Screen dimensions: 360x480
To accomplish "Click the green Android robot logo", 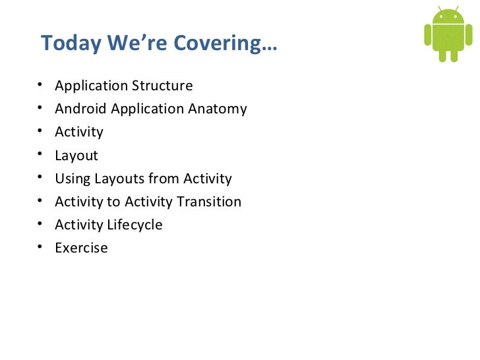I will pyautogui.click(x=448, y=34).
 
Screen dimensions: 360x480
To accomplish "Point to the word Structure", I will pyautogui.click(x=163, y=86).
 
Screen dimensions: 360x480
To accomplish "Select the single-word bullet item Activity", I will pyautogui.click(x=79, y=132).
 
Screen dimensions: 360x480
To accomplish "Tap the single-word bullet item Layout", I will pyautogui.click(x=76, y=156).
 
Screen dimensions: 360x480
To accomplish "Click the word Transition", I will pyautogui.click(x=208, y=202).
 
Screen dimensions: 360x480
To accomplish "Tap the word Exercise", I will pyautogui.click(x=81, y=248).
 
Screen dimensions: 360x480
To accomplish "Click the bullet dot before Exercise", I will pyautogui.click(x=41, y=247).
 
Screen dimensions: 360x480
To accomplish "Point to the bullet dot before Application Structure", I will pyautogui.click(x=41, y=85).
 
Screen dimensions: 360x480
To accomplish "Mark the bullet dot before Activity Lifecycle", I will pyautogui.click(x=41, y=224).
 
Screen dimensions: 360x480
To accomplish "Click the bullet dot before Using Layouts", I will pyautogui.click(x=41, y=178).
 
